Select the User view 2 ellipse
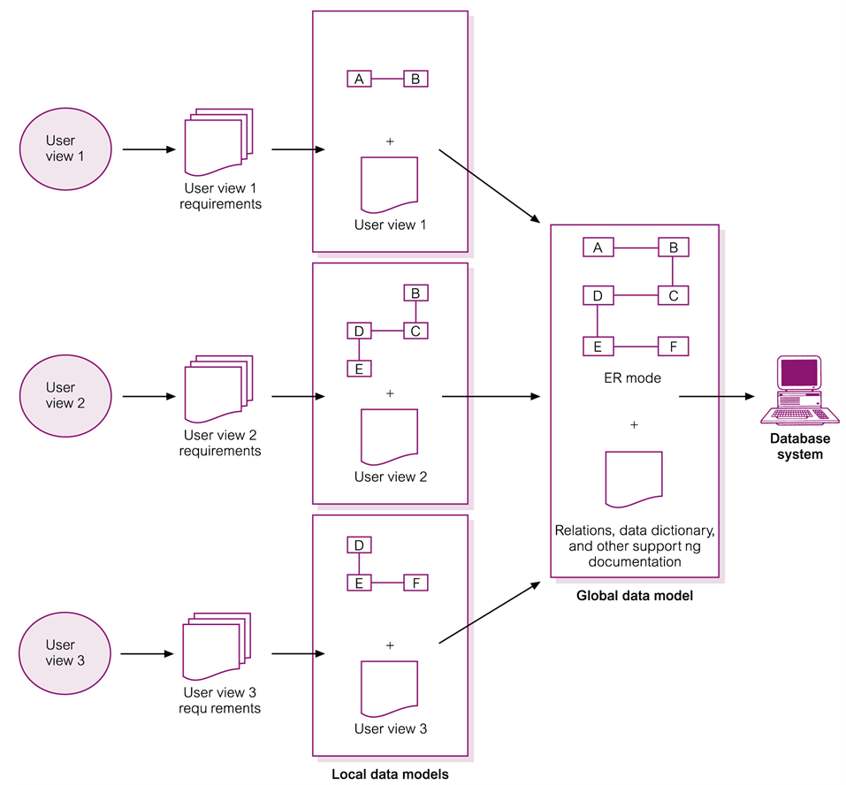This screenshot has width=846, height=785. [65, 396]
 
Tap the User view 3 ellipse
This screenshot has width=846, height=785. [65, 653]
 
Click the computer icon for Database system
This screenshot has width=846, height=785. [800, 390]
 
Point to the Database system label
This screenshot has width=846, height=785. [800, 446]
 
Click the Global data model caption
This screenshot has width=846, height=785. [634, 596]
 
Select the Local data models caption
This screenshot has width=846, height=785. [390, 774]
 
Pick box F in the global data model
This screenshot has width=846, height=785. [673, 347]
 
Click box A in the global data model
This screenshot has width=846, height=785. [598, 248]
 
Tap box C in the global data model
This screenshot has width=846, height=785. [673, 296]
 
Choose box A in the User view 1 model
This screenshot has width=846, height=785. [359, 79]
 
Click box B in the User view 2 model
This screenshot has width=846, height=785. [415, 293]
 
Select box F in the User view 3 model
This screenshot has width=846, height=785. [415, 583]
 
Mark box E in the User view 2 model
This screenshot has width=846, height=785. [359, 369]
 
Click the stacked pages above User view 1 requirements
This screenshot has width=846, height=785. [217, 141]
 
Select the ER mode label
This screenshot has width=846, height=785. [634, 378]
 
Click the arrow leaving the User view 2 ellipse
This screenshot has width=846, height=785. [147, 397]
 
